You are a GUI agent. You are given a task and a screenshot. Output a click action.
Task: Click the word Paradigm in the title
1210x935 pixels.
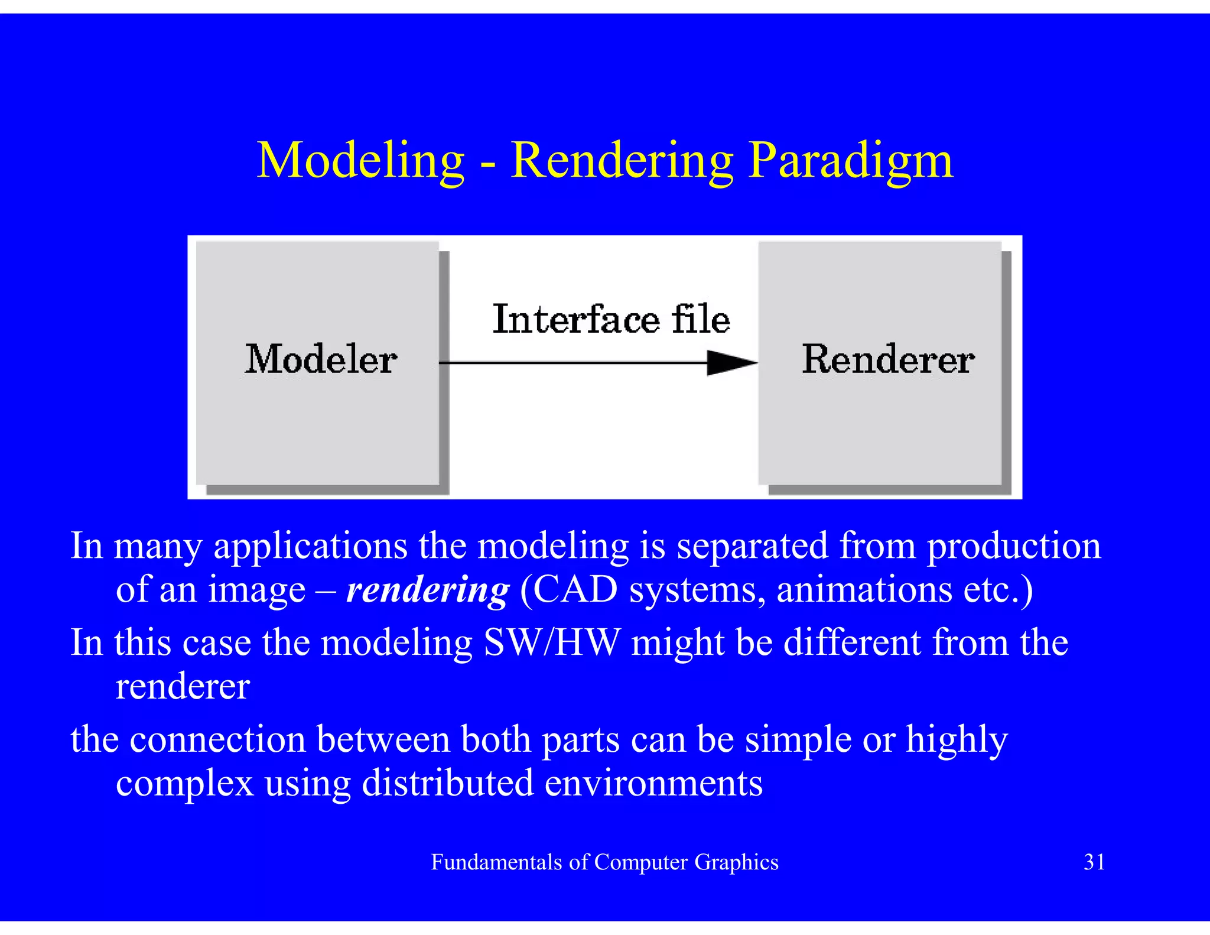851,161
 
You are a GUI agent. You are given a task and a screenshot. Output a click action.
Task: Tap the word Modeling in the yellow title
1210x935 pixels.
360,161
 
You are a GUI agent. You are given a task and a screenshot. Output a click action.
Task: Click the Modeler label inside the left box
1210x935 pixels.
321,359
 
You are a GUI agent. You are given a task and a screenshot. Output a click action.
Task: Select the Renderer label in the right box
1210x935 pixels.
888,359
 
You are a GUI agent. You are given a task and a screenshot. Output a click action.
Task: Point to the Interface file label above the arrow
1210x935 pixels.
611,320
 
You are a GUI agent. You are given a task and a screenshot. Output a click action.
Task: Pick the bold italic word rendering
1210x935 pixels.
427,590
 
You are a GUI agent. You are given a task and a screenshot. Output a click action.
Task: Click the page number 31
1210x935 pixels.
1094,862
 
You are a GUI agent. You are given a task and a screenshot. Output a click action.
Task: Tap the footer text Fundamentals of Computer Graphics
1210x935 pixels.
604,862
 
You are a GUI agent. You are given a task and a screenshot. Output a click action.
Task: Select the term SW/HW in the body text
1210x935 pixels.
552,642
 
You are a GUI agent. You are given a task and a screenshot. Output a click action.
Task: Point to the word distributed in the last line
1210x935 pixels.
447,783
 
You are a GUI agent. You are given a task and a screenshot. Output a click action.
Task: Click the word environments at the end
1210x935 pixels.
653,783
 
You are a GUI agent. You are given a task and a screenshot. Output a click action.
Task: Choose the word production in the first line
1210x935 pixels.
1014,546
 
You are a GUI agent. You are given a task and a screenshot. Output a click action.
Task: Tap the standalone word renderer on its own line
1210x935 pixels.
183,687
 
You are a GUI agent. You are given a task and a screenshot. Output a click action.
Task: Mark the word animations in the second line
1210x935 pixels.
864,590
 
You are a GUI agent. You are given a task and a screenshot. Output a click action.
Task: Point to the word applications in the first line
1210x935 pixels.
310,547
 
